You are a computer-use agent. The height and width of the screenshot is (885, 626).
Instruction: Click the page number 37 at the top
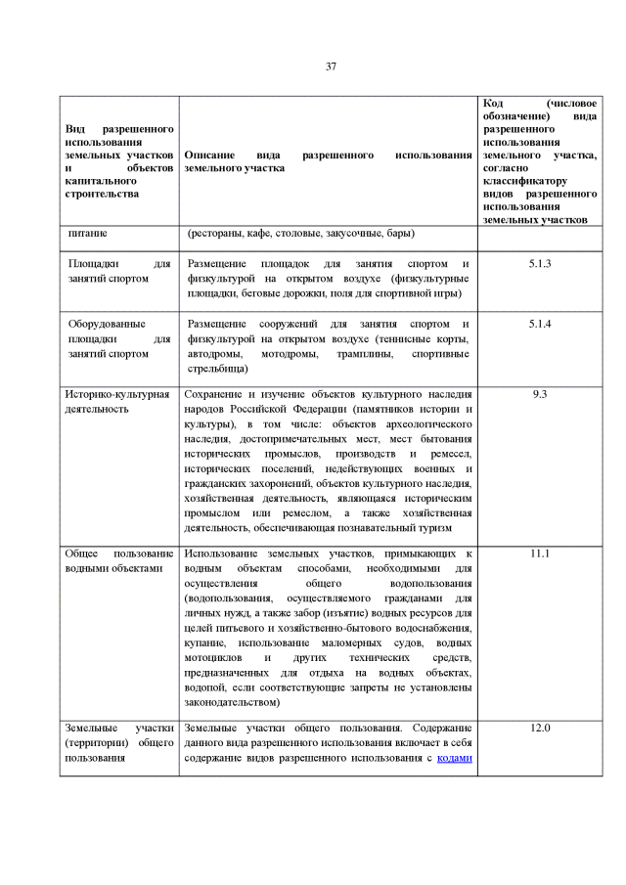coord(331,66)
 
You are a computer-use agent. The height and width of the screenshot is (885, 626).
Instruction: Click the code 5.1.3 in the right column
coord(540,264)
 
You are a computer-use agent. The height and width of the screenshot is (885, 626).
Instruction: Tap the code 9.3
coord(540,394)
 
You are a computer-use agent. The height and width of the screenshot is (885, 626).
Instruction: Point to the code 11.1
coord(540,553)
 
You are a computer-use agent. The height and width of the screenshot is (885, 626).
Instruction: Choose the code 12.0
coord(540,729)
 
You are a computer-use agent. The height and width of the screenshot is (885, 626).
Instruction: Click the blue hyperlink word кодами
coord(455,758)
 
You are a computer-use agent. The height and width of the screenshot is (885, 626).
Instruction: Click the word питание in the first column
coord(88,234)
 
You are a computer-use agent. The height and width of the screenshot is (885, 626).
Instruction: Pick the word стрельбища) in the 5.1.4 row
coord(217,369)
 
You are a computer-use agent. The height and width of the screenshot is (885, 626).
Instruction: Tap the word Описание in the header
coord(207,155)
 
